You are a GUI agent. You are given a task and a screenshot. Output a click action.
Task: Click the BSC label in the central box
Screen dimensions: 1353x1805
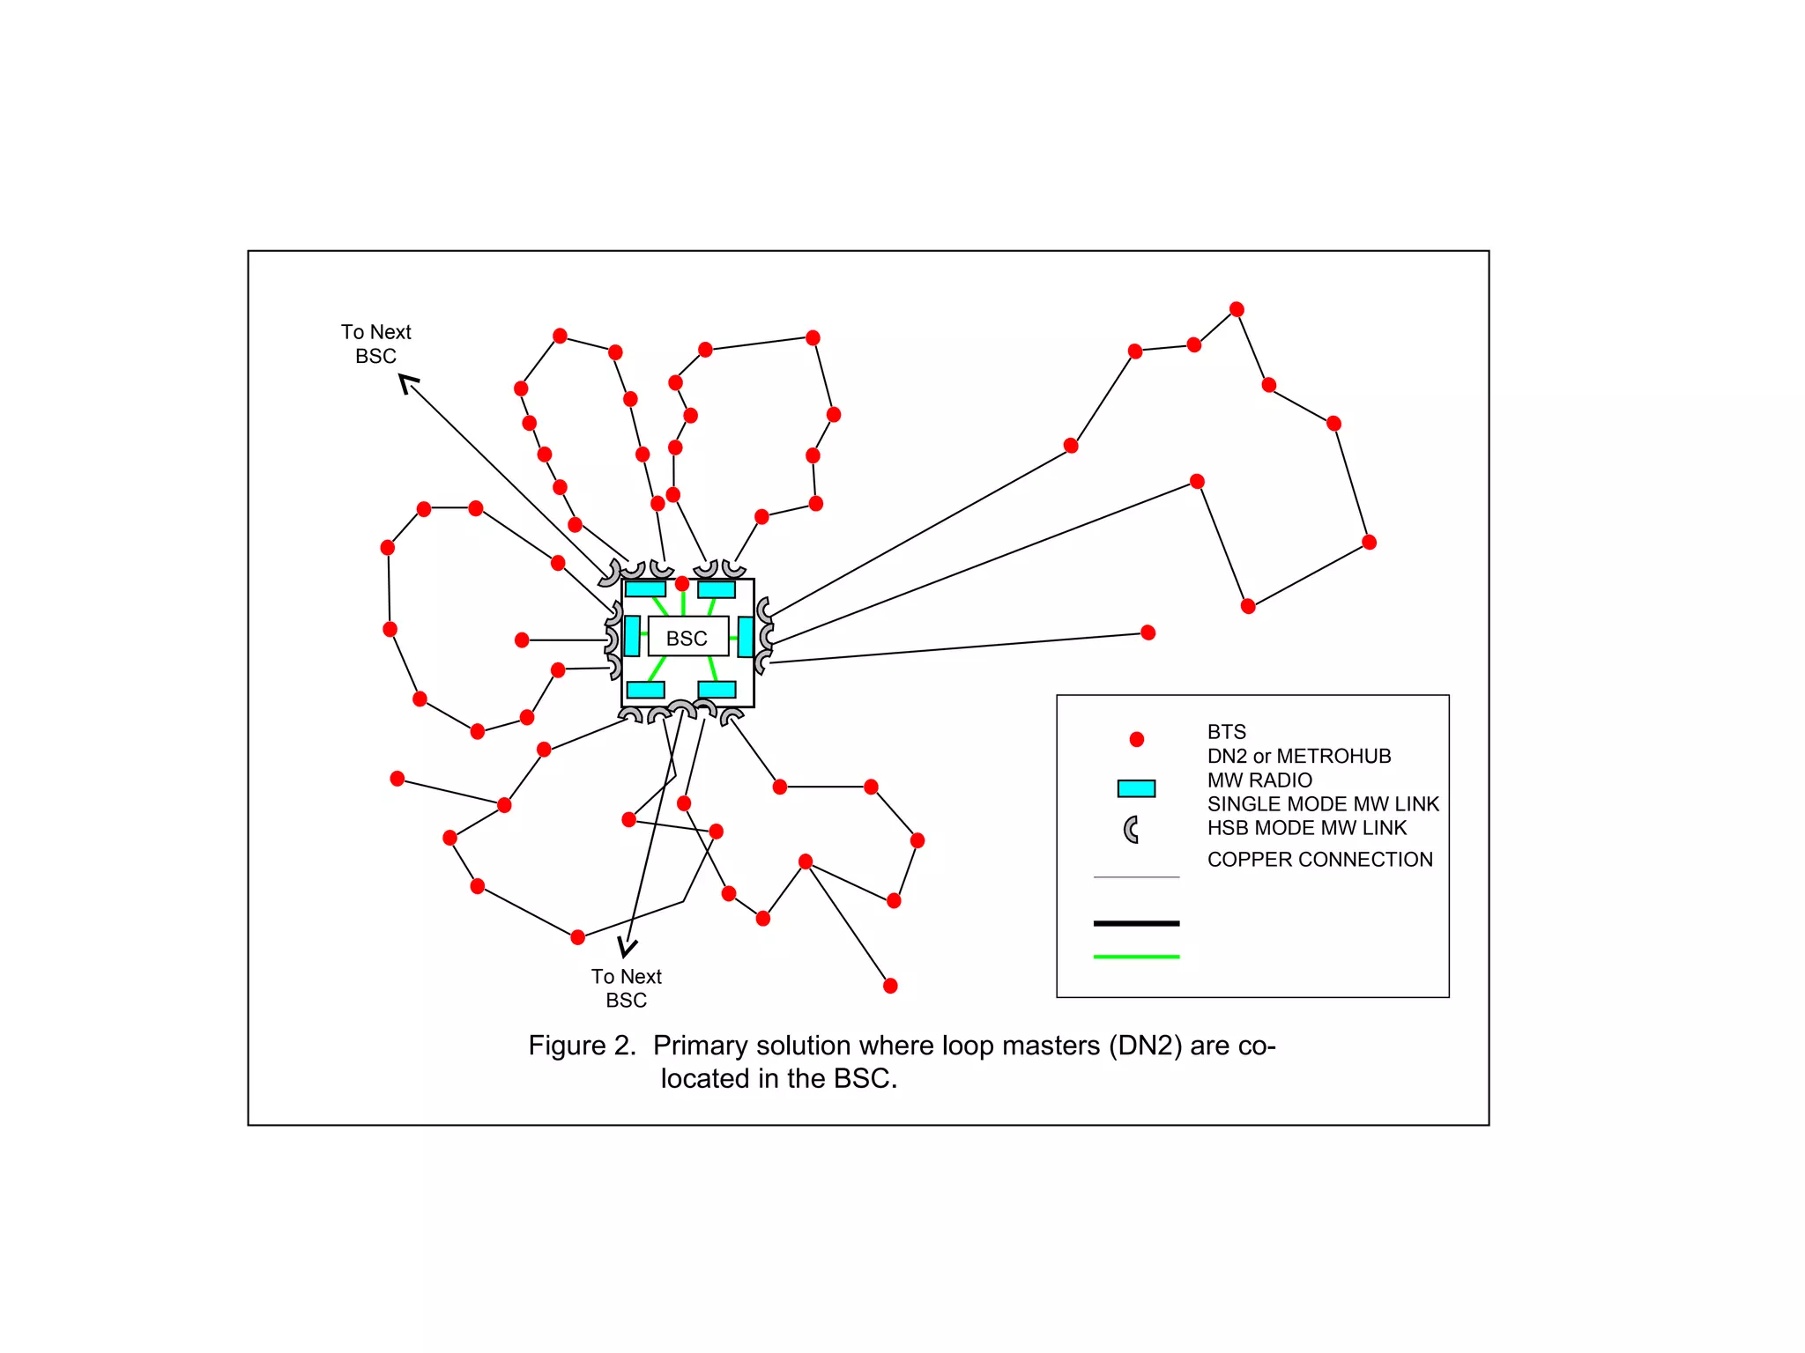point(687,638)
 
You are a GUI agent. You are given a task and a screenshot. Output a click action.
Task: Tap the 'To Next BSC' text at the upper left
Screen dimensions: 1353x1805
point(376,344)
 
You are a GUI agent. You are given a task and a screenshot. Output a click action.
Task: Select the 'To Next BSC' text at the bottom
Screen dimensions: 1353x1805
point(627,987)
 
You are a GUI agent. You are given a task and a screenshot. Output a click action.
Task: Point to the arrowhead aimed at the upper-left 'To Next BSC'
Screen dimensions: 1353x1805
point(407,383)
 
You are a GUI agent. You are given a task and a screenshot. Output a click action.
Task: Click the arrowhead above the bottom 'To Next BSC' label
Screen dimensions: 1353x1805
point(627,948)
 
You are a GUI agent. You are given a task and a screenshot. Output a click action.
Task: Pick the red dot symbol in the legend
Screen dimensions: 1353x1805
point(1137,739)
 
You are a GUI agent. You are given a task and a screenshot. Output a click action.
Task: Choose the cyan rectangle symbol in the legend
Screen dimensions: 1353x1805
point(1136,788)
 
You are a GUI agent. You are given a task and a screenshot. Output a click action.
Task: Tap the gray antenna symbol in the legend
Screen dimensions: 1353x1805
point(1132,829)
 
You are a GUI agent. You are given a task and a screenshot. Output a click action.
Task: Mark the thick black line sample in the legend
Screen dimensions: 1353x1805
point(1136,923)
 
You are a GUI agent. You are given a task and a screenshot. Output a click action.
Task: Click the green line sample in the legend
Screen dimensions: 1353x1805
point(1136,957)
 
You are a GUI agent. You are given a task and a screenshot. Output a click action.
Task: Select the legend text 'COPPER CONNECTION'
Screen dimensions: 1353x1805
point(1319,860)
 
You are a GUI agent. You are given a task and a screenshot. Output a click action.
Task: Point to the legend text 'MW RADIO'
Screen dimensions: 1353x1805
point(1259,780)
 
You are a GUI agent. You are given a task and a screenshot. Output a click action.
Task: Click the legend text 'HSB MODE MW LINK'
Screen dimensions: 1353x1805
point(1307,828)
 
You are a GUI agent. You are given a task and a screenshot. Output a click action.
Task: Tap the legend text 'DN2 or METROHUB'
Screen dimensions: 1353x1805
point(1299,756)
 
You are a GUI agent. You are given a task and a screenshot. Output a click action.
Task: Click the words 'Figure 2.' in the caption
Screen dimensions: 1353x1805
point(582,1046)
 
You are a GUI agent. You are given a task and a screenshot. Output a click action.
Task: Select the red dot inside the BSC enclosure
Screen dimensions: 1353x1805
point(682,584)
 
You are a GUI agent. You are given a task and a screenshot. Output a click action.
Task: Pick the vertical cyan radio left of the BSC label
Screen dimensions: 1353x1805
point(632,636)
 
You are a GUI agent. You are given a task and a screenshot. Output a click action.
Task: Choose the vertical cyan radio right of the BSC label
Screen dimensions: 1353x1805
point(746,637)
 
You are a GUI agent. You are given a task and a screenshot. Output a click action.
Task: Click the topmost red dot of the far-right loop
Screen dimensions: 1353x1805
point(1237,309)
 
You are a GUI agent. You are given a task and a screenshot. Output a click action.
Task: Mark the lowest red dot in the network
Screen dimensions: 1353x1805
point(890,986)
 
